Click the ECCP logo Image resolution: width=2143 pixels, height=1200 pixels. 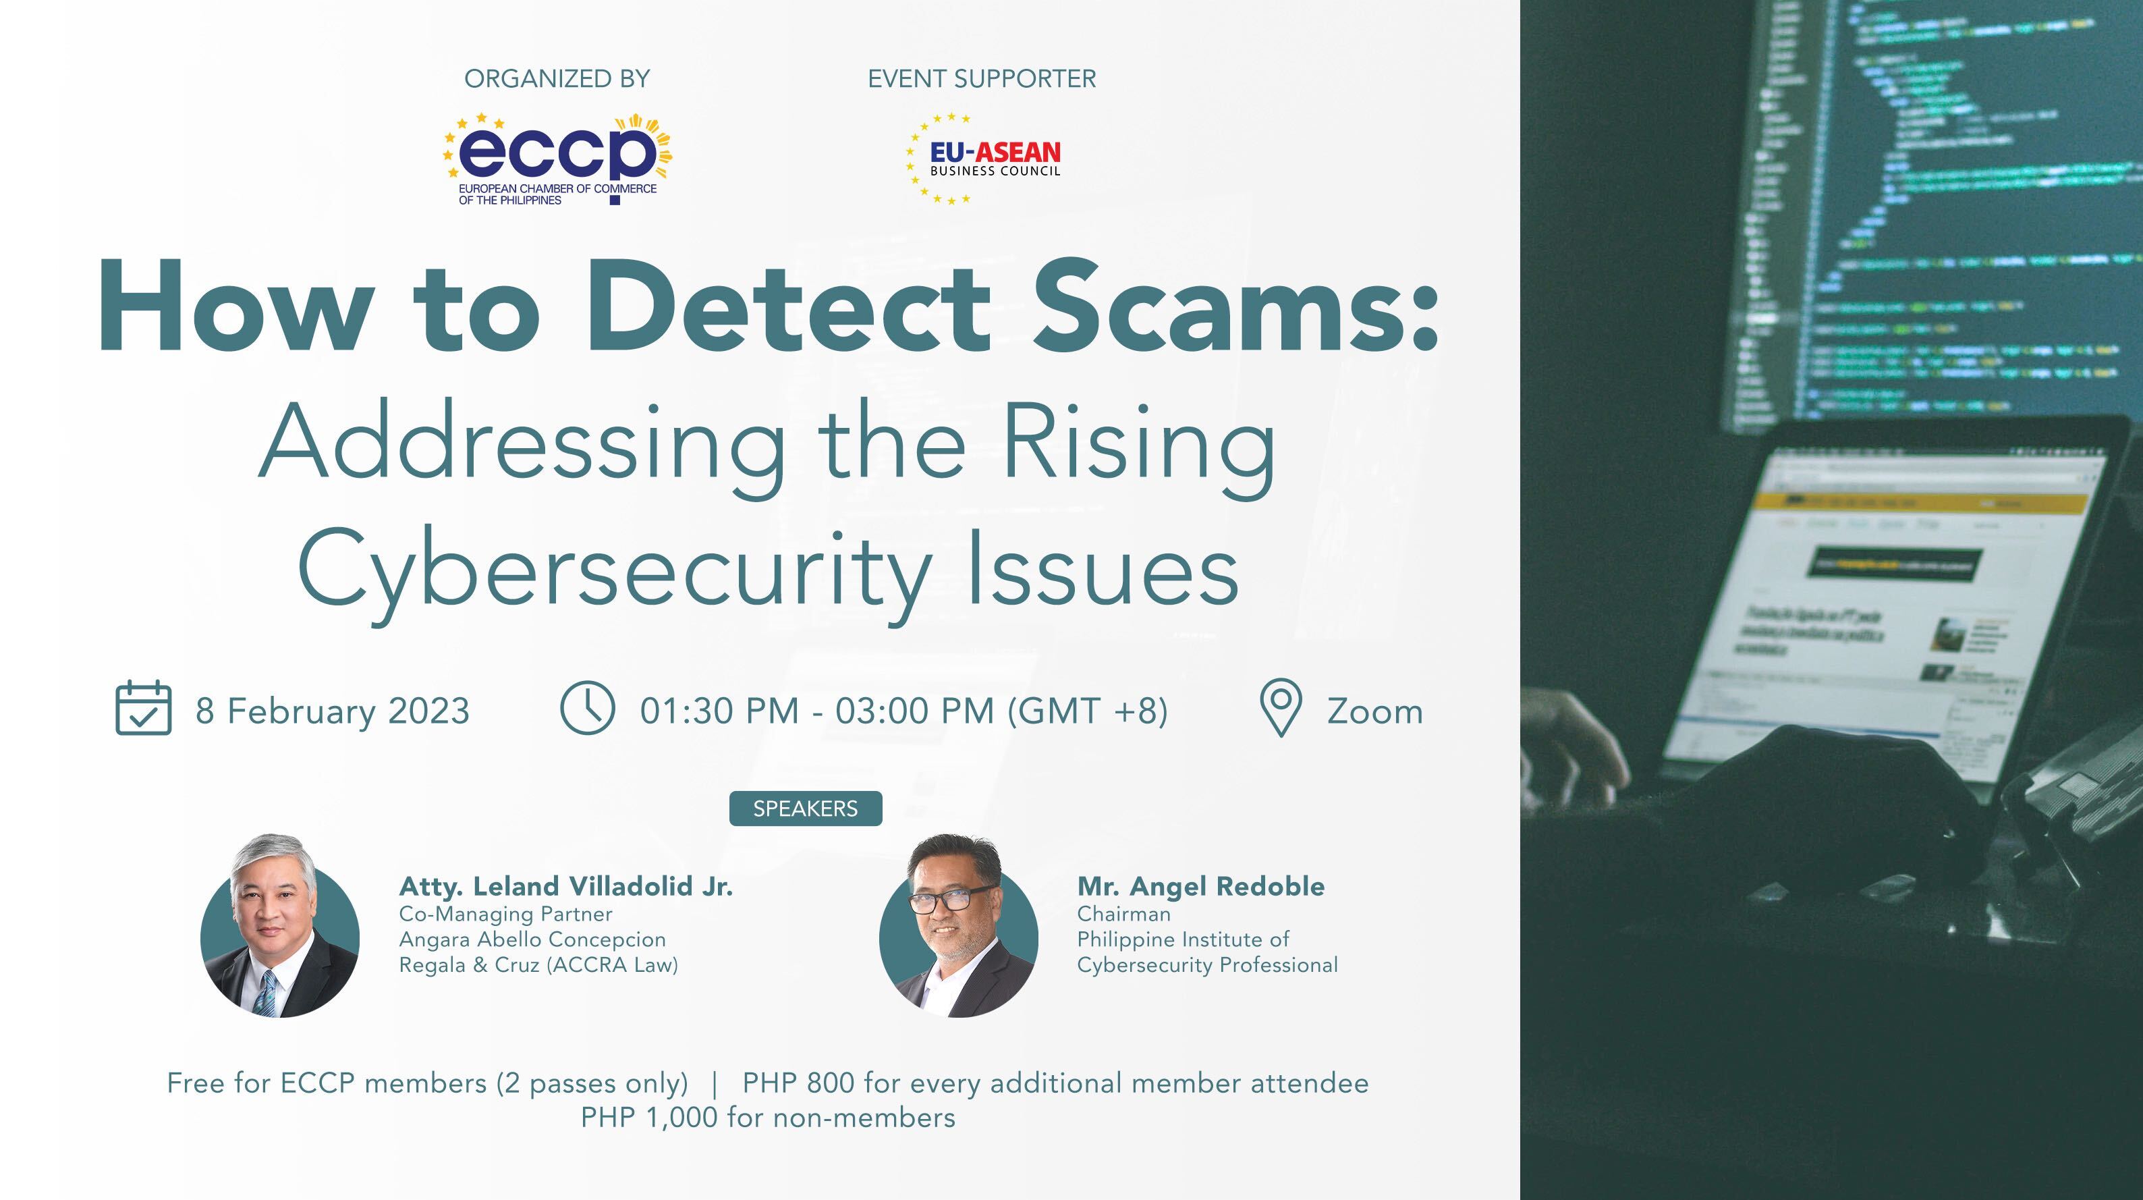coord(557,158)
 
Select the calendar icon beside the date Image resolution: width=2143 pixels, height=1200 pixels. coord(143,708)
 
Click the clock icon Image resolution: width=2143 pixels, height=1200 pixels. coord(587,708)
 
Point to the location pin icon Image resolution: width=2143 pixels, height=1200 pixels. coord(1280,707)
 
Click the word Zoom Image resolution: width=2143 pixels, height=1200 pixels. coord(1374,712)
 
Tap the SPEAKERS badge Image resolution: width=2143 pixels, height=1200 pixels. coord(804,809)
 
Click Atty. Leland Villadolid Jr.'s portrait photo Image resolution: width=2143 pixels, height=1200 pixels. coord(280,929)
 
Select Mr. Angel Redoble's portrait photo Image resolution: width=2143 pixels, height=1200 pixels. coord(958,929)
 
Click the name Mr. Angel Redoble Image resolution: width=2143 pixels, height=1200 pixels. coord(1200,886)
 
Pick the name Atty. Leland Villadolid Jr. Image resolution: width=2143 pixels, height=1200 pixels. coord(565,886)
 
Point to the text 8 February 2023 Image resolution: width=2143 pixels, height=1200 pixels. coord(332,711)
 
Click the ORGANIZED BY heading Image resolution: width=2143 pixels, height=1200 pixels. coord(557,79)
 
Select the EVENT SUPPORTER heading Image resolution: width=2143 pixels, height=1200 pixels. coord(982,79)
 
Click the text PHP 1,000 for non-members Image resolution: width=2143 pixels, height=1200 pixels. coord(767,1118)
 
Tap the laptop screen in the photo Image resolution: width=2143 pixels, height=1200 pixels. coord(1889,599)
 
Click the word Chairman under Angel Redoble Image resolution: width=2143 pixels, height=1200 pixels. coord(1123,914)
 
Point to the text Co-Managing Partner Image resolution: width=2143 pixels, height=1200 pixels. coord(505,914)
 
